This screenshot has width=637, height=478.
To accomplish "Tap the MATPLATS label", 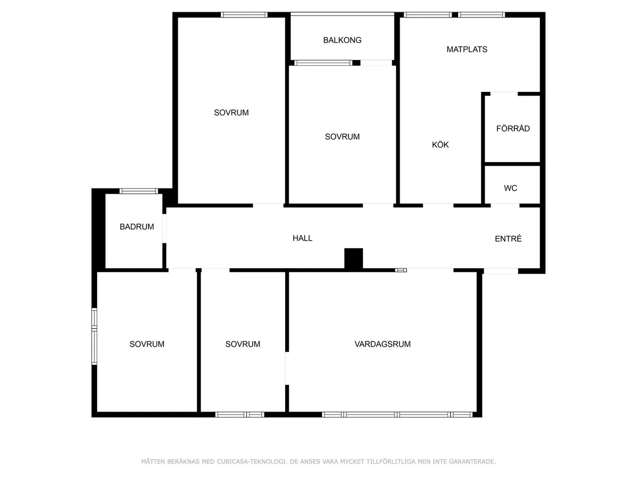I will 467,49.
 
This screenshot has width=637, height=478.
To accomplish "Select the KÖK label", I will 441,144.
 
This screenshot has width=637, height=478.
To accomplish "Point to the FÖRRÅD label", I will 513,129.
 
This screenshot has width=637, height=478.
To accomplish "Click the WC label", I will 511,188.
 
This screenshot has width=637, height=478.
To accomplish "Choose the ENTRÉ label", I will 508,239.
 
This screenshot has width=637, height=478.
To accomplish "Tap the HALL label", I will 303,238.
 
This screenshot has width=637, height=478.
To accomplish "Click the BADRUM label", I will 137,227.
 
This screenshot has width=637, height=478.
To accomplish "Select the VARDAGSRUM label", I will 383,344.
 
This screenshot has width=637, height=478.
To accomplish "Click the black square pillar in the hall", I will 354,259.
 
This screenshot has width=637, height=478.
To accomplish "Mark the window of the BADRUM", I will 139,191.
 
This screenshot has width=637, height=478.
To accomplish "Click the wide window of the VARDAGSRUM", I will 397,414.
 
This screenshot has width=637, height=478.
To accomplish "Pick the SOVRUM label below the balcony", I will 342,136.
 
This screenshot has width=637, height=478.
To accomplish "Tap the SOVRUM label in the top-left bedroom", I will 231,113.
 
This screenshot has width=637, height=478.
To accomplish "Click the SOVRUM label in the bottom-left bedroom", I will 147,344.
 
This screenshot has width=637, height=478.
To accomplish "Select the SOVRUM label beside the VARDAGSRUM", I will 243,344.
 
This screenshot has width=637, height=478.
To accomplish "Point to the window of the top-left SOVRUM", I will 244,15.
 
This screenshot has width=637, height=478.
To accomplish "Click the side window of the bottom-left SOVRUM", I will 94,336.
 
